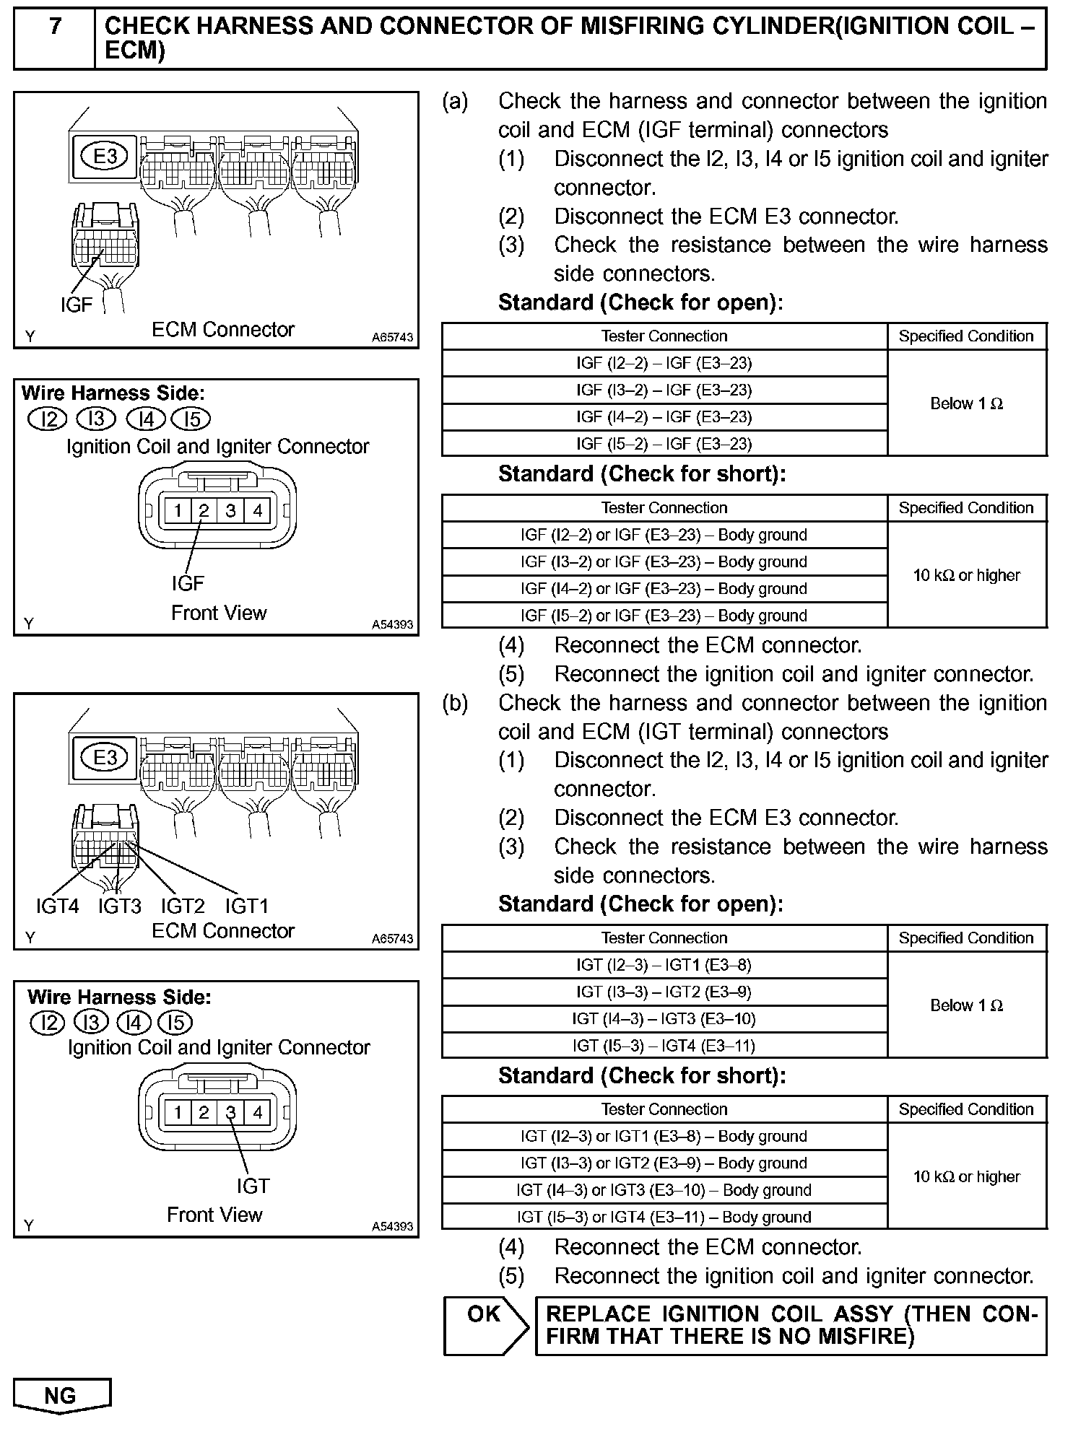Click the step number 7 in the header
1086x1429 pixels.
(55, 27)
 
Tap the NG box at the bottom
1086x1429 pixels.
(61, 1395)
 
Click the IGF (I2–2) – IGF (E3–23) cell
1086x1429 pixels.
(664, 363)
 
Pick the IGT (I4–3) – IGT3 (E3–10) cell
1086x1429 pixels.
(664, 1018)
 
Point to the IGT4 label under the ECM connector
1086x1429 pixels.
(57, 906)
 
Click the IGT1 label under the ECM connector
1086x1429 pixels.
(247, 906)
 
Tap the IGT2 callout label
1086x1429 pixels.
(183, 906)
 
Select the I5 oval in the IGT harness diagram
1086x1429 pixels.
(175, 1023)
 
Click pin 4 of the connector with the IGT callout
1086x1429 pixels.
(257, 1112)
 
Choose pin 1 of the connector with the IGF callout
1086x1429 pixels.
(177, 511)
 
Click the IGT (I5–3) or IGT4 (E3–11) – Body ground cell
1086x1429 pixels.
(664, 1217)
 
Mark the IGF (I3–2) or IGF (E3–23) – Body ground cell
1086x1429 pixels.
(664, 561)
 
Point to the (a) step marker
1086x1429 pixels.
(455, 102)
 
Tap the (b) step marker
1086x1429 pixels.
(455, 703)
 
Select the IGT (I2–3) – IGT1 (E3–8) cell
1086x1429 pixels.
(664, 965)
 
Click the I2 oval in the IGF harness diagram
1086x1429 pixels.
(48, 419)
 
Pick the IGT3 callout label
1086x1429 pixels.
(120, 906)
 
